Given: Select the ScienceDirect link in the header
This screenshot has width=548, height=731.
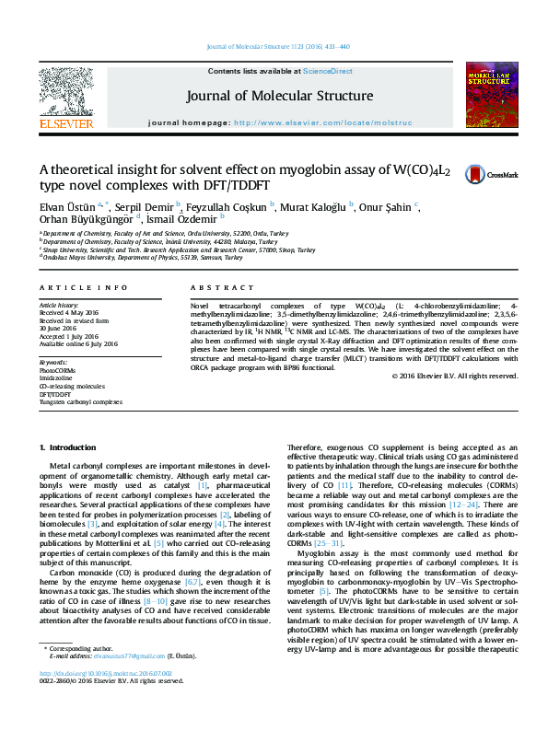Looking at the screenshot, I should [329, 72].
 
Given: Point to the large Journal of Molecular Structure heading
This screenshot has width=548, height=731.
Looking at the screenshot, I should [280, 96].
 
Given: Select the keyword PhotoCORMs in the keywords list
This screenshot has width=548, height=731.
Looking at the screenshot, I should [59, 369].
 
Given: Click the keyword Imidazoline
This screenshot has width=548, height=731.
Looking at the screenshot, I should [55, 377].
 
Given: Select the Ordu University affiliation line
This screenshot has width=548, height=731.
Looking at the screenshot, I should [152, 234].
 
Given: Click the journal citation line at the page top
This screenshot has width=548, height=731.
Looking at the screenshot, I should [279, 46].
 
